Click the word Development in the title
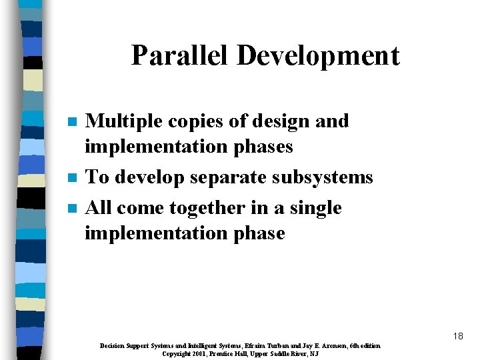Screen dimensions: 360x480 coord(318,57)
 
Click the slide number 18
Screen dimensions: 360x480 coord(457,336)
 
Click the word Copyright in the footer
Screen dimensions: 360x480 coord(176,353)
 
